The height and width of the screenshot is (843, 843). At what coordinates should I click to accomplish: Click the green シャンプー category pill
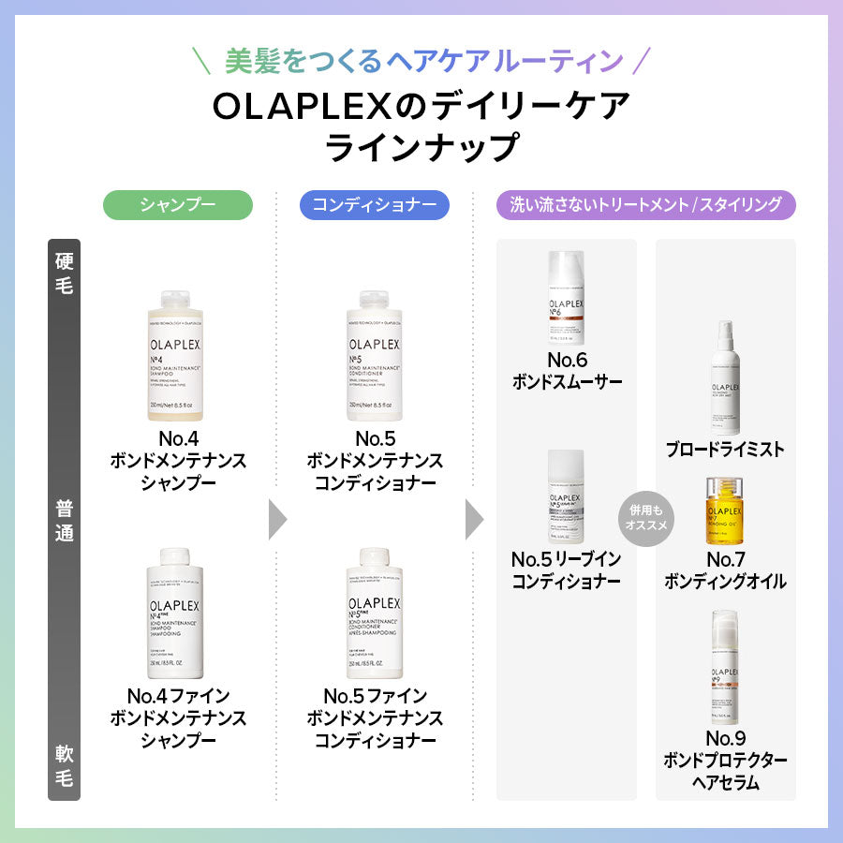point(178,205)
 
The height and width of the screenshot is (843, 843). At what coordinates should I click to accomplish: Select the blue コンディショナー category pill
point(374,205)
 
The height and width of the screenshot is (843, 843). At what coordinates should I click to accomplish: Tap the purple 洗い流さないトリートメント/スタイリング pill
point(645,205)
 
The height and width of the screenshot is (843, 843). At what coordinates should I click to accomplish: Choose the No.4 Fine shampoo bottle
point(178,614)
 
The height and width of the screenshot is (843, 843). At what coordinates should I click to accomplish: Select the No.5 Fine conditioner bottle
point(375,614)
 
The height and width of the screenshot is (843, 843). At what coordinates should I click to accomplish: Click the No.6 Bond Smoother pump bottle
point(566,299)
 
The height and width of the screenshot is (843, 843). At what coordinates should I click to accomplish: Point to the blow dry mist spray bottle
point(725,375)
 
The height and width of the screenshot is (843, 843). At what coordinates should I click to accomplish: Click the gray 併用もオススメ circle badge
point(644,518)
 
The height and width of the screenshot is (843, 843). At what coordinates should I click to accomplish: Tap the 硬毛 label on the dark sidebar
point(64,272)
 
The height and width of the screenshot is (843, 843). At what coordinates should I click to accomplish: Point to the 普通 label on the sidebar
point(64,521)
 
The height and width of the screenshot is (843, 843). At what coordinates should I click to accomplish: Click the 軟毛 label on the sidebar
point(64,764)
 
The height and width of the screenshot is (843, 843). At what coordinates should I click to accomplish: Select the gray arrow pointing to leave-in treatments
point(474,519)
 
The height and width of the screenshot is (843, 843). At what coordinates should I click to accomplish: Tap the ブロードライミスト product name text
point(725,450)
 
